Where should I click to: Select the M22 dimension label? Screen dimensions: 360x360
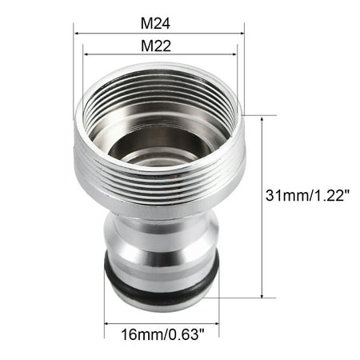click(x=159, y=46)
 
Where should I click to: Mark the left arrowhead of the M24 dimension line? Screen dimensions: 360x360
click(x=77, y=34)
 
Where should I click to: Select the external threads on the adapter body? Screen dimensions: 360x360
click(x=159, y=196)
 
